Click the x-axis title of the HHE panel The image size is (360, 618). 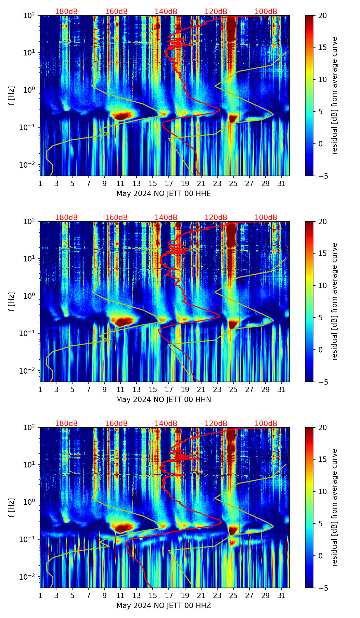point(163,194)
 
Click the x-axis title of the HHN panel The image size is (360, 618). point(163,400)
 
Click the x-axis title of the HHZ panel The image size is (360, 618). point(163,606)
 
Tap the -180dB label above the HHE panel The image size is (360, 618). point(65,12)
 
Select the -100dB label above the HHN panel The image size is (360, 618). point(265,218)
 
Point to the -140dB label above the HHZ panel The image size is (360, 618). point(165,424)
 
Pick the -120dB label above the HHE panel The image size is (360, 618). point(215,12)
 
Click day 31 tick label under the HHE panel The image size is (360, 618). point(282,183)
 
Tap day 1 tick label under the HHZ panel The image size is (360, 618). point(40,595)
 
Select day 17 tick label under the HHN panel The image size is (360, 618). point(169,389)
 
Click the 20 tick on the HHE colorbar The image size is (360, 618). point(323,15)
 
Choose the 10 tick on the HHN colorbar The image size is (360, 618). point(323,285)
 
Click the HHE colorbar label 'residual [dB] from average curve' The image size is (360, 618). point(334,95)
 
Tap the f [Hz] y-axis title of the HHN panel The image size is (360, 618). point(12,301)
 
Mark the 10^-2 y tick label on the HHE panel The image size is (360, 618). point(30,165)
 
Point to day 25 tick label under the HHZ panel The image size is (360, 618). point(233,595)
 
